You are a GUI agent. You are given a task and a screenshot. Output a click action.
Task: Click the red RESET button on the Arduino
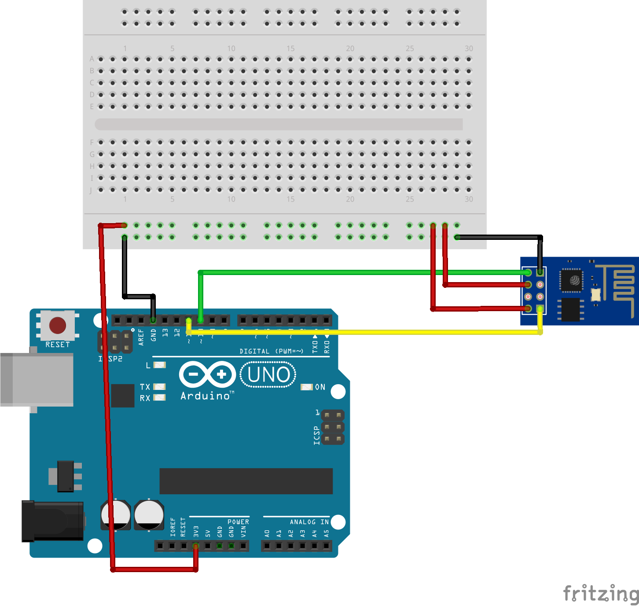(58, 326)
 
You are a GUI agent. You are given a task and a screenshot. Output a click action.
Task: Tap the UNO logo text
(268, 375)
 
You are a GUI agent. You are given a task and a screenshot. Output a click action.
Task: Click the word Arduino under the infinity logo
(205, 396)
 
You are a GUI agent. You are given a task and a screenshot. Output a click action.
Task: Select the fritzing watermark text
(601, 593)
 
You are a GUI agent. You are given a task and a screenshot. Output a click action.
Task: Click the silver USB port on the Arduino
(37, 379)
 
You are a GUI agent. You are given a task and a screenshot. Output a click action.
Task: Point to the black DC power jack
(53, 521)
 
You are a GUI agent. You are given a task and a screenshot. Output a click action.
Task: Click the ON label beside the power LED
(320, 387)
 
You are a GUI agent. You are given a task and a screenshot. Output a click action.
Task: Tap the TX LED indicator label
(145, 387)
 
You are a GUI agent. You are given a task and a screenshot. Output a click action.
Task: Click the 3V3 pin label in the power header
(196, 531)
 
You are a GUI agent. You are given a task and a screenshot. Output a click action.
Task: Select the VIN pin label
(243, 531)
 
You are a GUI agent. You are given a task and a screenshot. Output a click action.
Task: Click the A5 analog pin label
(326, 533)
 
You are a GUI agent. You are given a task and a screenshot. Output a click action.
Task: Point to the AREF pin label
(141, 337)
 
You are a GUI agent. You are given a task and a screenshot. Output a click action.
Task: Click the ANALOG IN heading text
(309, 522)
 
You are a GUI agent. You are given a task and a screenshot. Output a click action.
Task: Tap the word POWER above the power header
(238, 522)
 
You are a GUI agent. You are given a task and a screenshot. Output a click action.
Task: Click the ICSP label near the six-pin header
(316, 435)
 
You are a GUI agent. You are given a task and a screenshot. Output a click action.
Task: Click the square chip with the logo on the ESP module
(572, 280)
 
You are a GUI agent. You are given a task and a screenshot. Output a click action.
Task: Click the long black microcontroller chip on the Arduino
(246, 481)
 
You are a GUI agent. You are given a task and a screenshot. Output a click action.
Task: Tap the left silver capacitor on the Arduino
(116, 514)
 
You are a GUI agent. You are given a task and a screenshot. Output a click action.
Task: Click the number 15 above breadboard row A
(290, 48)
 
